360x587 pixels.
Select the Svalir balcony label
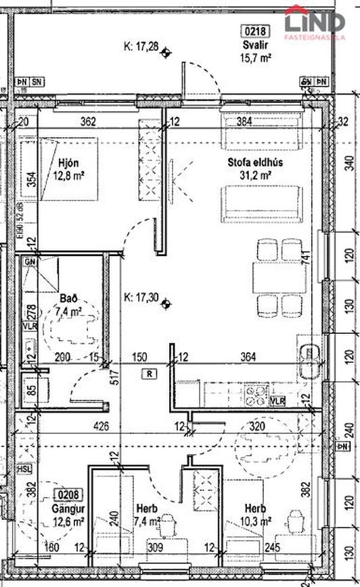[x=256, y=45]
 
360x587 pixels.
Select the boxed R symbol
[x=148, y=373]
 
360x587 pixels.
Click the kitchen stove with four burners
[x=257, y=395]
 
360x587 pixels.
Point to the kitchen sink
[x=311, y=354]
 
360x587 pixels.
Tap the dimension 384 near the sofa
[x=244, y=123]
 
